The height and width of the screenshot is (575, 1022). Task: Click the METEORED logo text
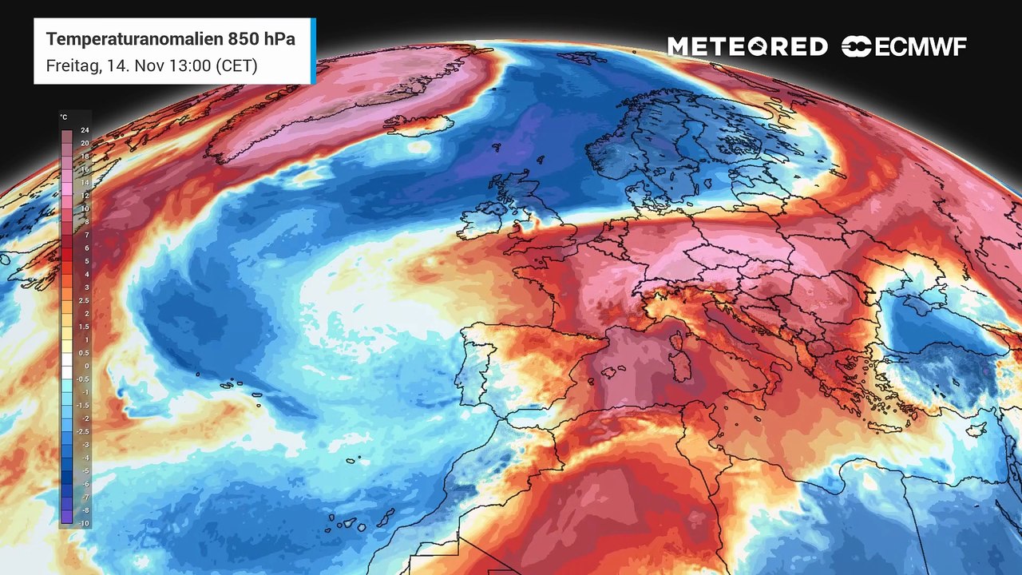pos(747,47)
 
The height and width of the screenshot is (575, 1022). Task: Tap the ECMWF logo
pos(904,47)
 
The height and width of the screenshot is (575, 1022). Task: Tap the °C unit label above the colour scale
pos(64,117)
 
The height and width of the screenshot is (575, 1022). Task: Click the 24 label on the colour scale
pos(85,130)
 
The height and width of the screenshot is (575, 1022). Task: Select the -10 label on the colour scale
pos(85,522)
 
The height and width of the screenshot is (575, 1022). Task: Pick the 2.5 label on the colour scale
pos(85,300)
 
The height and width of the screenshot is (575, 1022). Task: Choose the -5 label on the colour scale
pos(85,470)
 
